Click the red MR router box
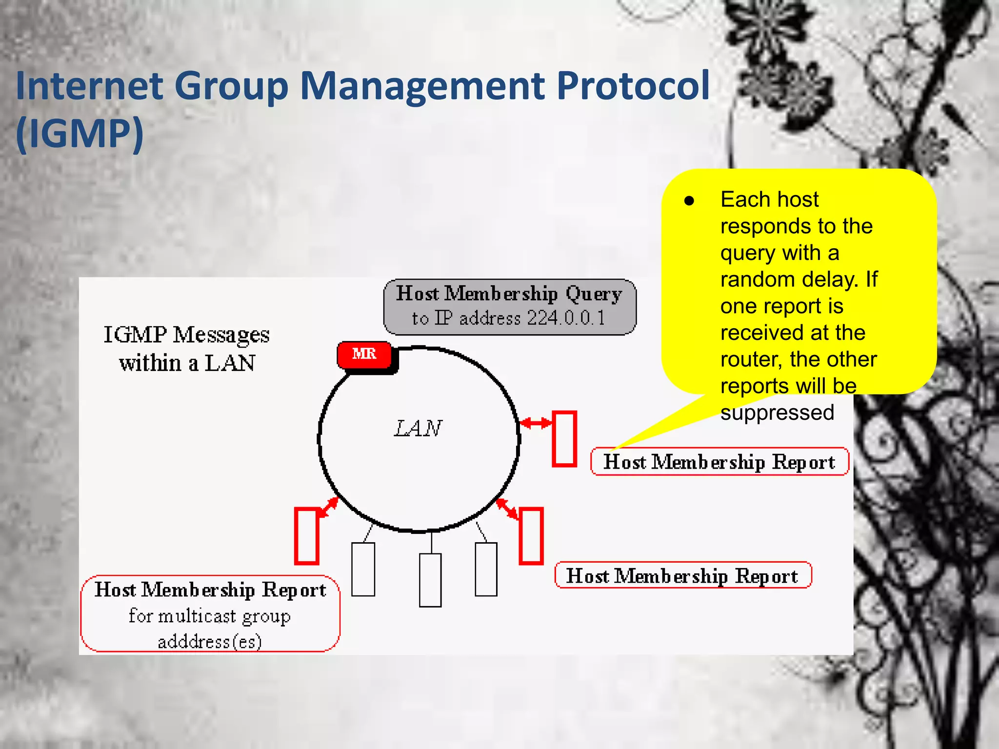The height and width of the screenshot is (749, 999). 364,355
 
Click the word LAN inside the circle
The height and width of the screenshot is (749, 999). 418,429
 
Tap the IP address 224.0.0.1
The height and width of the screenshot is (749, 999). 566,318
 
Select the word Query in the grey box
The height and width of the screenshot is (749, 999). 594,294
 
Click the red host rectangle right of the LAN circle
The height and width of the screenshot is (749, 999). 564,439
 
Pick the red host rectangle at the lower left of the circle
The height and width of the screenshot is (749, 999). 307,536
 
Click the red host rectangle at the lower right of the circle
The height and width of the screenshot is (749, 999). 531,536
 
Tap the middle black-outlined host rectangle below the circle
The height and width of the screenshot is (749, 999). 430,580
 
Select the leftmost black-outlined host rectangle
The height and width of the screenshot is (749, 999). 363,569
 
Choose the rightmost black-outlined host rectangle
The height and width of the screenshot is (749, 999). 486,569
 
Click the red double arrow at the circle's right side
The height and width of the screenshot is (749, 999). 536,423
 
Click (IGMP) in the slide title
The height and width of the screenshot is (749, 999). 80,133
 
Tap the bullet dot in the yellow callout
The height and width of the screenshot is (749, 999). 689,201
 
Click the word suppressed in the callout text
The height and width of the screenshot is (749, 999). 777,413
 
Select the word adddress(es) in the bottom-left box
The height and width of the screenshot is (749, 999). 210,641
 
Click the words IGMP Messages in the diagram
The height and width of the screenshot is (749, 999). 186,335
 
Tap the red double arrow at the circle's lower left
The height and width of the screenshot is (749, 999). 329,508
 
